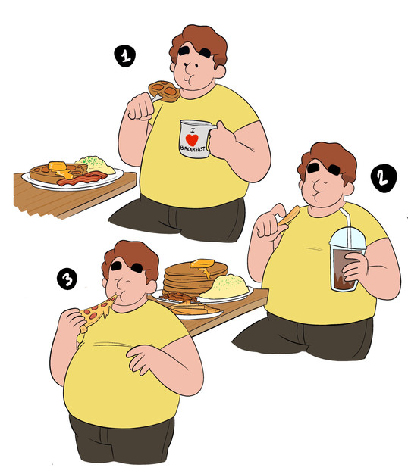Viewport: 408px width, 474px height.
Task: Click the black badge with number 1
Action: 124,56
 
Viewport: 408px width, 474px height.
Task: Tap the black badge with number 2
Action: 384,179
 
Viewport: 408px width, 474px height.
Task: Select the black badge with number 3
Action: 67,279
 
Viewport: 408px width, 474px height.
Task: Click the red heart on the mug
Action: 192,140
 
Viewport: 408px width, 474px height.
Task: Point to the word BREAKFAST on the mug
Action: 193,148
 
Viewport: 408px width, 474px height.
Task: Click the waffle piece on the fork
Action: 165,92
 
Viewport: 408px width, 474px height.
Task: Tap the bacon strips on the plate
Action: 83,179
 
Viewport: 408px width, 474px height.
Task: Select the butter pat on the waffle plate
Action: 58,166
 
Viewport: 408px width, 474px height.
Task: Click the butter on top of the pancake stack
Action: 202,264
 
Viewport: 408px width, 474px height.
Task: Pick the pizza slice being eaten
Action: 96,313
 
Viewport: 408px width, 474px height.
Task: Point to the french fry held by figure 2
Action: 290,216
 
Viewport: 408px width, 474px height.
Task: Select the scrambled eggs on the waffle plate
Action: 96,164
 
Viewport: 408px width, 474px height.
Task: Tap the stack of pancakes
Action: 195,279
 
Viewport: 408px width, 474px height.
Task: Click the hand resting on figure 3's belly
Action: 146,358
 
